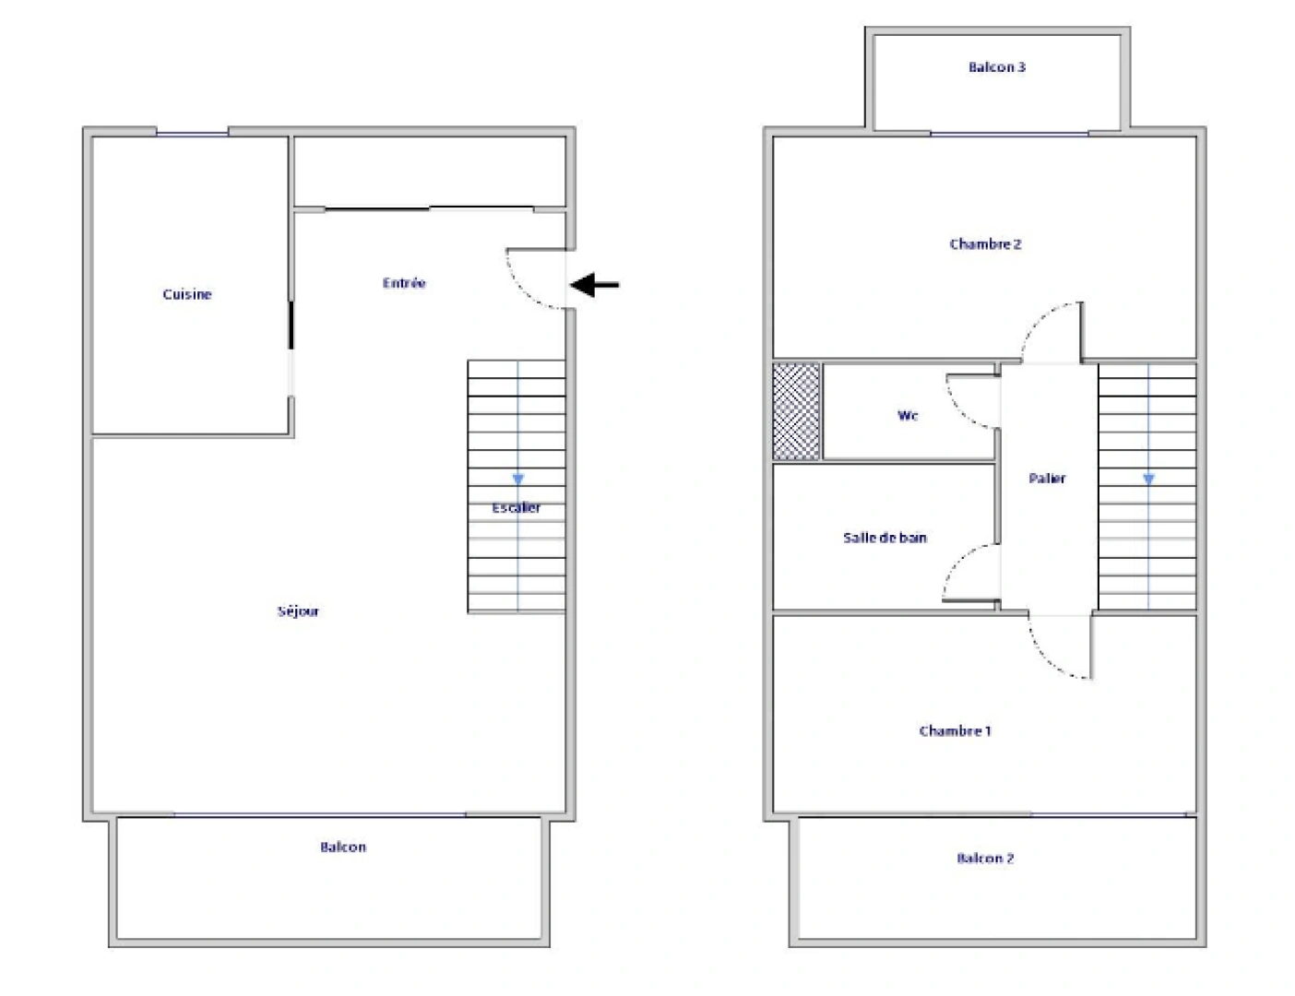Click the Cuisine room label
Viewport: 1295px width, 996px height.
click(187, 294)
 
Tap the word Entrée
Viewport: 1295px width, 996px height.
click(404, 283)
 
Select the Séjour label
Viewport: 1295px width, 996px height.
click(298, 611)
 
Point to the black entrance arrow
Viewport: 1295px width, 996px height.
click(595, 285)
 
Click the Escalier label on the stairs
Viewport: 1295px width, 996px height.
click(517, 508)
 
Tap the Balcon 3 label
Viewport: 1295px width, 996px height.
click(997, 66)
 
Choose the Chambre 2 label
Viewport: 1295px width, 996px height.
click(985, 244)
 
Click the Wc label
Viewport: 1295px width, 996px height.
click(908, 416)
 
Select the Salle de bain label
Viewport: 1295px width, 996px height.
click(885, 538)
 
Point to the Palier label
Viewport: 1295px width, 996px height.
click(1047, 478)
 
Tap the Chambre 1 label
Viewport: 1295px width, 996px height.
click(955, 731)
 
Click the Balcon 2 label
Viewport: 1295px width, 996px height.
click(985, 859)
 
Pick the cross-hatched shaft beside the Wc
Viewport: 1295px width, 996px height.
click(796, 411)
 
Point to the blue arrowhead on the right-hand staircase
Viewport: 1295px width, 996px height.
click(1148, 480)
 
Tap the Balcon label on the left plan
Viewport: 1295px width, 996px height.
click(343, 847)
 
